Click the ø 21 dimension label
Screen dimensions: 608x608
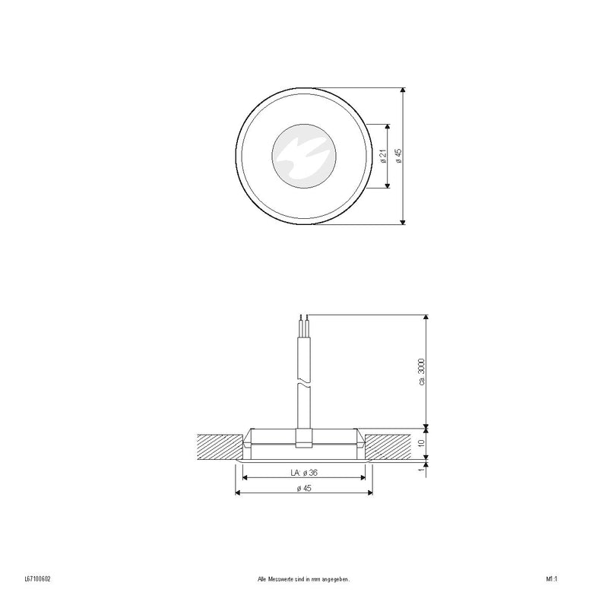[x=382, y=156]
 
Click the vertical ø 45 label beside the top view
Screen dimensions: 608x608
[x=398, y=156]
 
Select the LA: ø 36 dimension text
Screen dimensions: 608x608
[x=303, y=472]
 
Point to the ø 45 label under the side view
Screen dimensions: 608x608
[x=303, y=488]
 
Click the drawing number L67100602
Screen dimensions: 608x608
[x=37, y=580]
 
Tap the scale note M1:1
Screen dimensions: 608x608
[x=552, y=580]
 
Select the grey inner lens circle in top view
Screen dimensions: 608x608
[x=304, y=156]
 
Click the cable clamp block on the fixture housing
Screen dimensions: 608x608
[x=303, y=439]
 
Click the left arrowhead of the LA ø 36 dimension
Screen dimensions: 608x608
[x=245, y=478]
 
